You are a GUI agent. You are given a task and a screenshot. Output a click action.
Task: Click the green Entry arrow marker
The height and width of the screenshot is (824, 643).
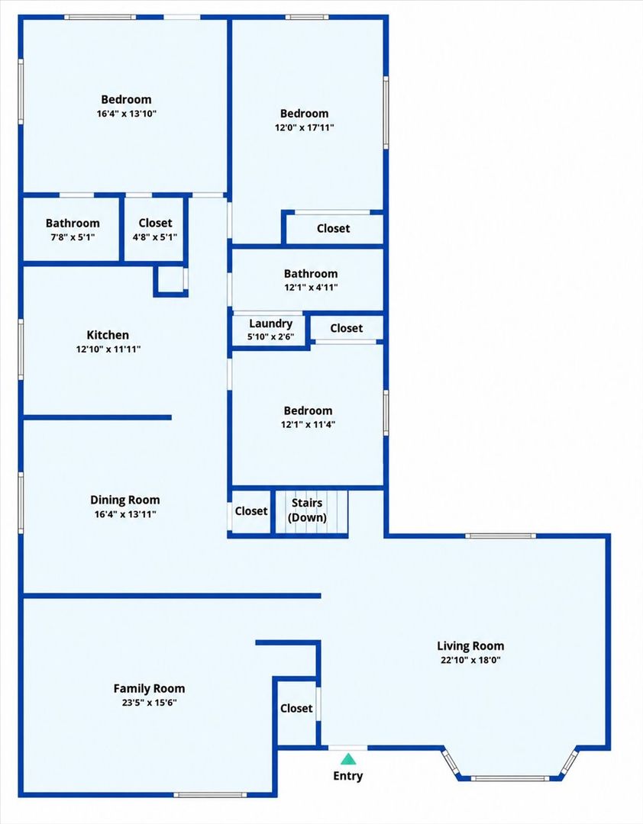[347, 759]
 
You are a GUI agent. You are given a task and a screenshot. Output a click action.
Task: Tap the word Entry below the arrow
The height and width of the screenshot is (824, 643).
[347, 776]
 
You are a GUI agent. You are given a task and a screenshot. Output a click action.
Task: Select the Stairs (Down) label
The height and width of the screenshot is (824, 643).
[307, 510]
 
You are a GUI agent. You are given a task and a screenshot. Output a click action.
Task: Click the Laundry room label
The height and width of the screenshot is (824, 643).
[270, 323]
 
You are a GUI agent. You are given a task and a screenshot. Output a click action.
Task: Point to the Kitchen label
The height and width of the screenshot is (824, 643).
[108, 335]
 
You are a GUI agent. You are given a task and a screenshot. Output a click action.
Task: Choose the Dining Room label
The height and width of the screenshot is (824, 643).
[124, 501]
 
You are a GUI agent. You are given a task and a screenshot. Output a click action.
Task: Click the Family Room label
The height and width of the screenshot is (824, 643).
[149, 688]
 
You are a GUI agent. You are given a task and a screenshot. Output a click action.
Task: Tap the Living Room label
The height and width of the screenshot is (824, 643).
[470, 646]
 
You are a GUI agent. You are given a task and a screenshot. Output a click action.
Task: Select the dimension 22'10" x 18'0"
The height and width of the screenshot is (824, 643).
[470, 660]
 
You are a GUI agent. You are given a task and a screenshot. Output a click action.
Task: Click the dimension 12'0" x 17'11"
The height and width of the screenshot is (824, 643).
[304, 127]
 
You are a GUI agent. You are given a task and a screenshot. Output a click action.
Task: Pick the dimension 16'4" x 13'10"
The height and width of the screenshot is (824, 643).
[126, 114]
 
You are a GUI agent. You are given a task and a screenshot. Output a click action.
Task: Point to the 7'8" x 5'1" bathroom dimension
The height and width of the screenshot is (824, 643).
[73, 237]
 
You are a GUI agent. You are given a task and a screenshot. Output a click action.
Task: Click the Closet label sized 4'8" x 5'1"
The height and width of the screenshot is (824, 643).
[155, 223]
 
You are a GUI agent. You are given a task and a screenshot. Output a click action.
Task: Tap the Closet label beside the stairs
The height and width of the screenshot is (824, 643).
[251, 510]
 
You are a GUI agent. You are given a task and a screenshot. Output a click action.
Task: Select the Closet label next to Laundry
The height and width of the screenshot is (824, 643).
[346, 328]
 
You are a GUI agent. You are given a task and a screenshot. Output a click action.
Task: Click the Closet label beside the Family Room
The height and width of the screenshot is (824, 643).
[296, 708]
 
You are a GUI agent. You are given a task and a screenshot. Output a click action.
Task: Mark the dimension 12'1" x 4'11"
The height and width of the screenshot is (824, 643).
[311, 288]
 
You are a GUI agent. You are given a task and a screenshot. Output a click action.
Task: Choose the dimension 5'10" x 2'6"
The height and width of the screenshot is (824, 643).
[270, 337]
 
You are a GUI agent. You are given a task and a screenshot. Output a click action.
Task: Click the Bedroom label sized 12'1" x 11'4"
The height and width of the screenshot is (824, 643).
[308, 410]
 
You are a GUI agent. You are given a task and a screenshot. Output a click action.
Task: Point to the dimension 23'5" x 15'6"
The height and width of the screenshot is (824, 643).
[149, 703]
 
